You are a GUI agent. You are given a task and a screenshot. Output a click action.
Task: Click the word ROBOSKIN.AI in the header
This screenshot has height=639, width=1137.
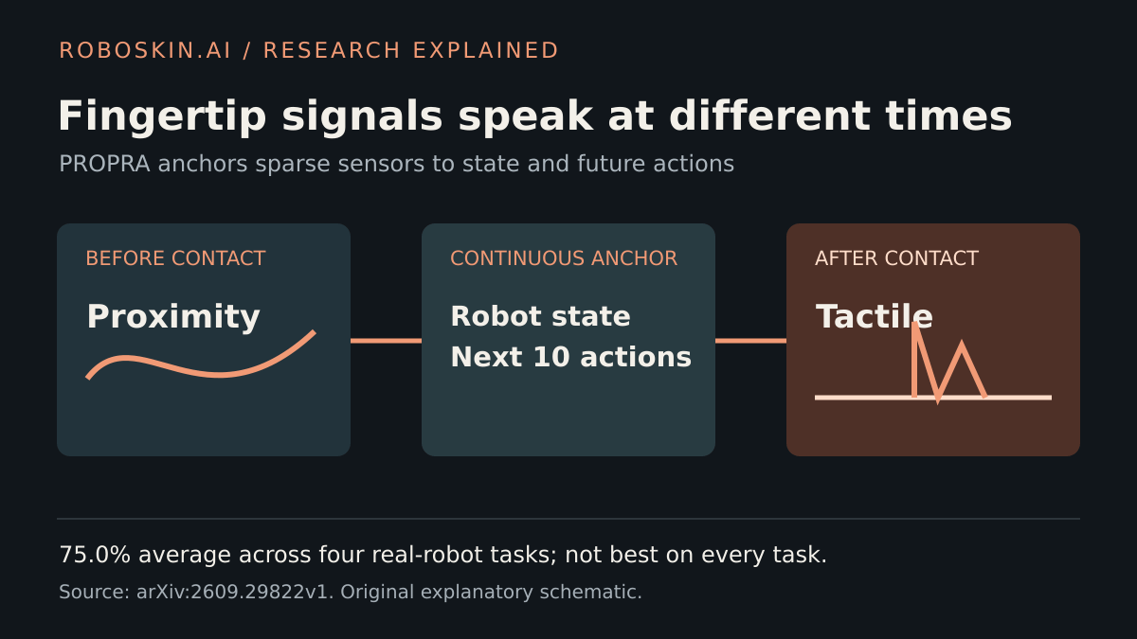point(145,51)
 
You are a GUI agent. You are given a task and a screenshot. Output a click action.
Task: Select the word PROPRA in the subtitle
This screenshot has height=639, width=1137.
point(104,164)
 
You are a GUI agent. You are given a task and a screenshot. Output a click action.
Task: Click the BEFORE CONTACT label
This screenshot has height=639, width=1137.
point(175,258)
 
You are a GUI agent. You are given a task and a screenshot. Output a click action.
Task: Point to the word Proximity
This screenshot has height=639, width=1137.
point(173,317)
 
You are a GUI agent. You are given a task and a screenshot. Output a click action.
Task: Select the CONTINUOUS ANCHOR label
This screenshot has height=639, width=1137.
point(564,258)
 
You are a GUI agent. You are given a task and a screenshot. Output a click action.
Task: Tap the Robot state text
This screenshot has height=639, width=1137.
point(541,316)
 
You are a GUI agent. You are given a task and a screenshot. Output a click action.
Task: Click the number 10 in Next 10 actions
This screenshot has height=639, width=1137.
point(551,357)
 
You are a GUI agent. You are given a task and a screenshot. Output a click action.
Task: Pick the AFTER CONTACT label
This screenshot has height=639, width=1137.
point(896,258)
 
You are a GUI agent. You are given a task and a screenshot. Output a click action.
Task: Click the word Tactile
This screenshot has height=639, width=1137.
point(874,316)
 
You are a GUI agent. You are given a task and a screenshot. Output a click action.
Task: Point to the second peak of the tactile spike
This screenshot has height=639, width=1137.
point(962,344)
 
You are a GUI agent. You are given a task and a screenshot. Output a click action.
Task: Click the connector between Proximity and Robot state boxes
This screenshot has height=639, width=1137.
point(386,341)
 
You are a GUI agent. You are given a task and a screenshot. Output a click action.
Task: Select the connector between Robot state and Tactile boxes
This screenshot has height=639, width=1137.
point(750,341)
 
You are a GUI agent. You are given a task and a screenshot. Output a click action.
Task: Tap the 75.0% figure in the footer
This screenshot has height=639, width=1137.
point(95,555)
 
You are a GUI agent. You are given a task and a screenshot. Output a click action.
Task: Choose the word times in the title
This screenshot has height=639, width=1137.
point(948,116)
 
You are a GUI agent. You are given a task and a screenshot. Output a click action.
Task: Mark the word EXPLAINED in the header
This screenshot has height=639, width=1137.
point(486,51)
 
